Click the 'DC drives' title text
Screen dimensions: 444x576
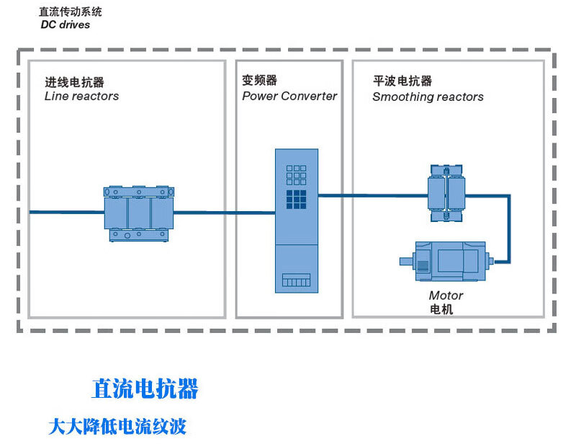[x=66, y=25]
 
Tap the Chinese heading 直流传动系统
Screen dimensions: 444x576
[x=71, y=12]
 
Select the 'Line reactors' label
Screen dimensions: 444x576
[x=81, y=96]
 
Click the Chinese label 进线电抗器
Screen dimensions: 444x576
[x=74, y=82]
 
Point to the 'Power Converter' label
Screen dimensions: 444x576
[x=289, y=96]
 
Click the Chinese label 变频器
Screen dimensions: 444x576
[x=259, y=81]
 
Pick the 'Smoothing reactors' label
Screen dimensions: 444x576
[x=428, y=97]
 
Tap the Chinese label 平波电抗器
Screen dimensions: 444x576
[x=402, y=81]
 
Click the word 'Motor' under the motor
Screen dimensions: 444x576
[x=446, y=296]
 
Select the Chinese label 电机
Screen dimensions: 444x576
[x=441, y=309]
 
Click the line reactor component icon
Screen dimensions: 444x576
[x=138, y=213]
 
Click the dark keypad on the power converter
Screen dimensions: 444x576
[x=297, y=198]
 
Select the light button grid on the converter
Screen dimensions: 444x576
[x=297, y=174]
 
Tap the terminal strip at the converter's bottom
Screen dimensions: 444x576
[x=296, y=280]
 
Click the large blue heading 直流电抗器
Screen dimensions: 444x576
[x=145, y=389]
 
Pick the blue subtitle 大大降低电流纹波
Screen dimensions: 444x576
[x=117, y=426]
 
